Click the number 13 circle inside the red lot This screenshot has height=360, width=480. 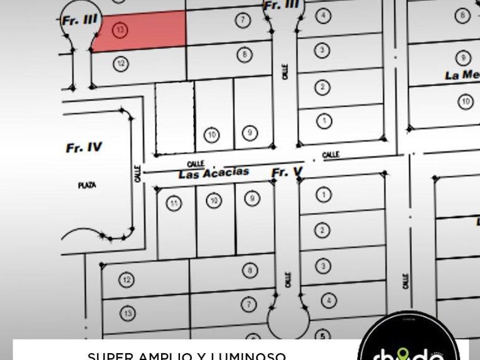coord(120,30)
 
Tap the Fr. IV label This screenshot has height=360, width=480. coord(84,148)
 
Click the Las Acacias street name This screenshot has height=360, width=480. coord(214,173)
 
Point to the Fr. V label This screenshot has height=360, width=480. coord(287,172)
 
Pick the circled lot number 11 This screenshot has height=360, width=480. coord(174,203)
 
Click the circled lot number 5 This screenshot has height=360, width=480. coord(323,337)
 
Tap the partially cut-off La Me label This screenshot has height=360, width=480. coord(462,75)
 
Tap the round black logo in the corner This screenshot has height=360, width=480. coord(408,340)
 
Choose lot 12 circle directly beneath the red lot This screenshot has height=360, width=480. coord(120,63)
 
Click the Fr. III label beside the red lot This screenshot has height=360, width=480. coord(80,20)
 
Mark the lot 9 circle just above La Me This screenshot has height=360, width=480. coord(462,57)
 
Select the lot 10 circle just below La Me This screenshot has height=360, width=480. coord(466,102)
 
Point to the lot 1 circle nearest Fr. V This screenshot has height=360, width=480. coord(323,195)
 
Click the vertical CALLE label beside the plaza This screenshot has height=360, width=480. coord(137,174)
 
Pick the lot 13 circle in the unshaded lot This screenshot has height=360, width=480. coord(127,313)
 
